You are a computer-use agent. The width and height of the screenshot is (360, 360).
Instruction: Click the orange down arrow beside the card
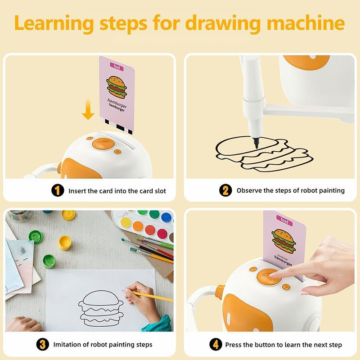coord(88,109)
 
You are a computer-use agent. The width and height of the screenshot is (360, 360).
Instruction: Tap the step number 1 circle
coord(58,190)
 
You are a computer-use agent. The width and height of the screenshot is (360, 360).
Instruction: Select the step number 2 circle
coord(225,190)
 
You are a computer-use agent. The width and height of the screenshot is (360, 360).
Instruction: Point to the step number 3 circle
coord(43,344)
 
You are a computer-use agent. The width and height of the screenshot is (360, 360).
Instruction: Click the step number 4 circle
coord(216,344)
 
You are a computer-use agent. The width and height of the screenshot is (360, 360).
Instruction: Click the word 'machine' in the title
coord(306,23)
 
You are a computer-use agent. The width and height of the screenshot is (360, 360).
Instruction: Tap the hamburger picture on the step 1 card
coord(117,87)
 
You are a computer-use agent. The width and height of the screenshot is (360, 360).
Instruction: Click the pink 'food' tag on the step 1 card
coord(117,67)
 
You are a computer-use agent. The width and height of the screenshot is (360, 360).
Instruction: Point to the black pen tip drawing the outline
coord(256,143)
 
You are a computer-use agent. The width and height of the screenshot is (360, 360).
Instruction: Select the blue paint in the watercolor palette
coord(166,217)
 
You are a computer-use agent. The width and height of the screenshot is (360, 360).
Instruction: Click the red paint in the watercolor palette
coord(150,229)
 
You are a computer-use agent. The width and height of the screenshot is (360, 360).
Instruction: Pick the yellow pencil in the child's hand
coord(148,296)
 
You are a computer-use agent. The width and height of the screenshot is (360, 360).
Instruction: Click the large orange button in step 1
coord(103,144)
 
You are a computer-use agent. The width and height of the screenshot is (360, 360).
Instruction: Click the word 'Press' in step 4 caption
coord(233,345)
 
